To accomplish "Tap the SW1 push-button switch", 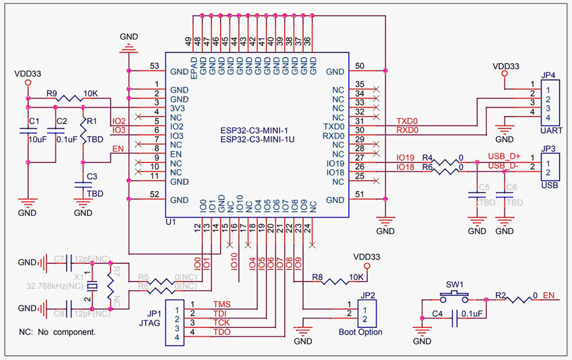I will coord(455,296).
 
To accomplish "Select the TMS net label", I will coord(223,304).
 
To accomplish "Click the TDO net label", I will coord(223,332).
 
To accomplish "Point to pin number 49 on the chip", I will coord(188,41).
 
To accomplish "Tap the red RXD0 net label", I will coord(407,130).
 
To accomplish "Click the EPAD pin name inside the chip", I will coord(194,67).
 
